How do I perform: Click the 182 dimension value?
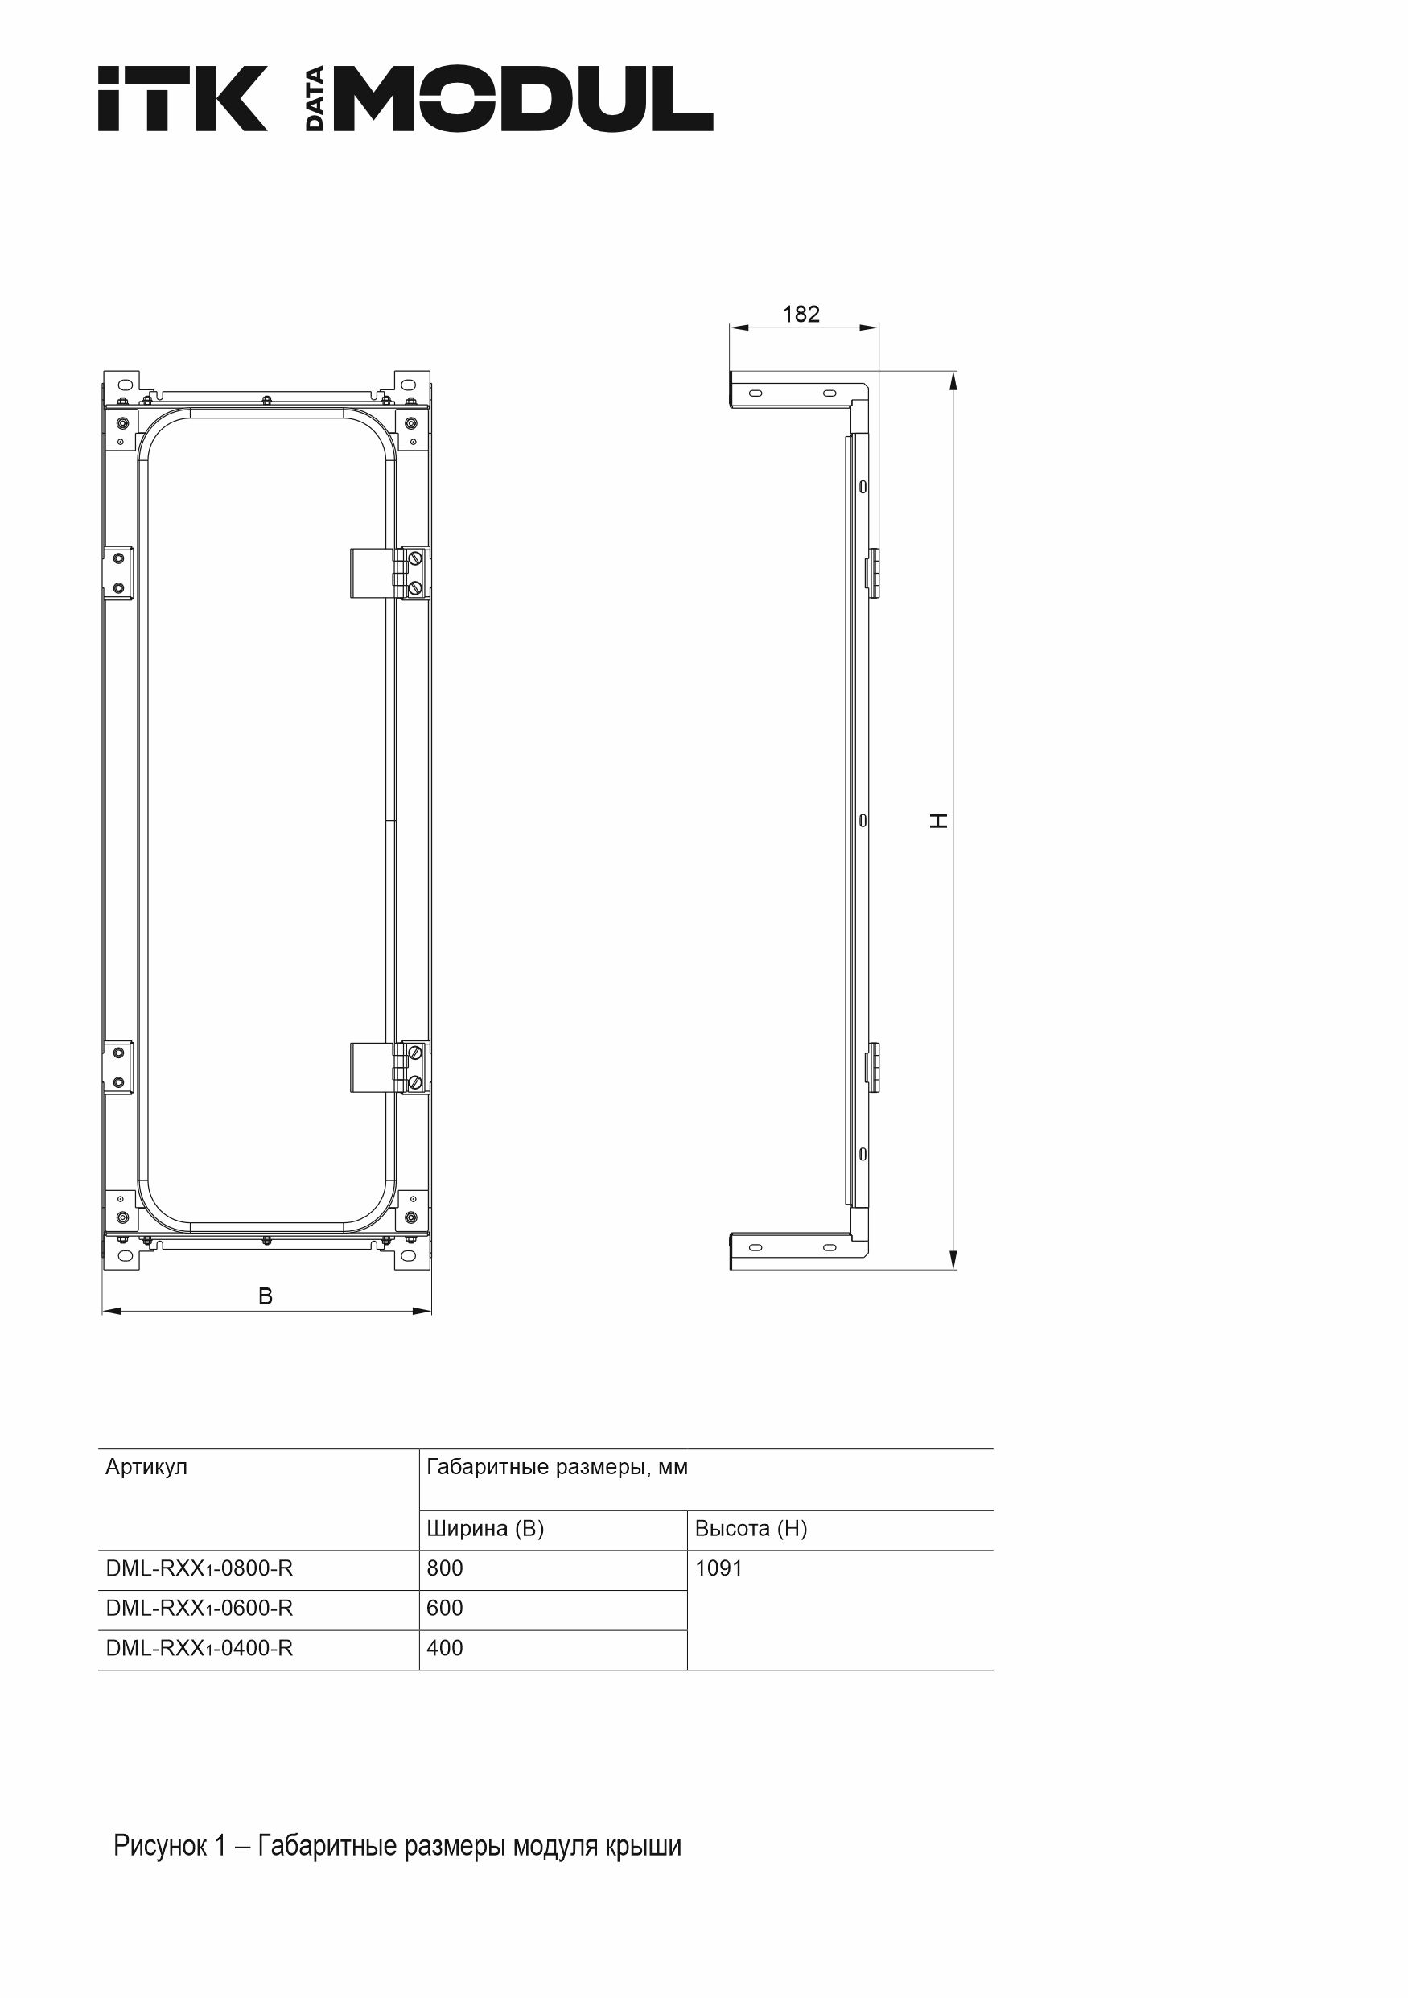click(x=801, y=314)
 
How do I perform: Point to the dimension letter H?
click(x=939, y=821)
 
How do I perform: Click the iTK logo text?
click(x=183, y=98)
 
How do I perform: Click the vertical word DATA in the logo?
click(x=315, y=98)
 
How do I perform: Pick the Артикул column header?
click(x=146, y=1468)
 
